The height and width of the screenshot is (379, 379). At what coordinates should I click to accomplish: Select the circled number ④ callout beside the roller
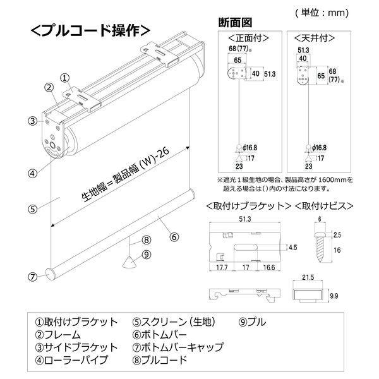(x=32, y=171)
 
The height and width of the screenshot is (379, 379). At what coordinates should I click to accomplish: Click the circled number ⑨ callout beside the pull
(x=146, y=255)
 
